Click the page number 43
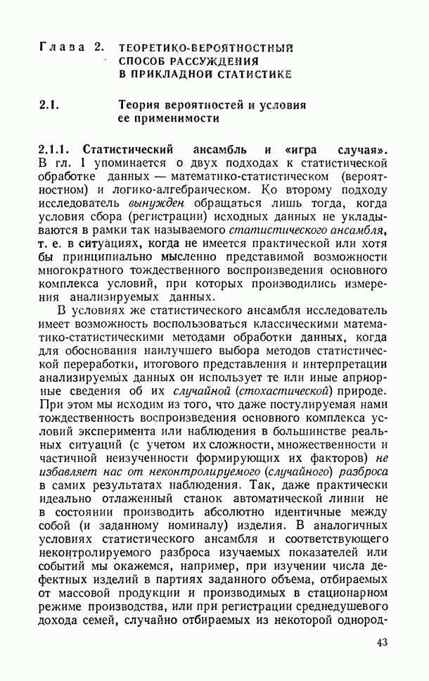[382, 643]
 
